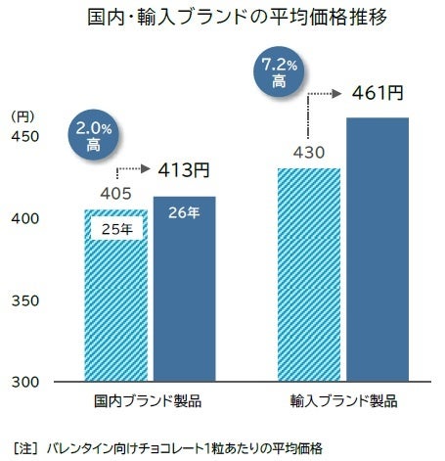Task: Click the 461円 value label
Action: coord(377,94)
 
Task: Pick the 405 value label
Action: coord(115,195)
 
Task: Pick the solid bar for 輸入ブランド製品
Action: coord(376,254)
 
